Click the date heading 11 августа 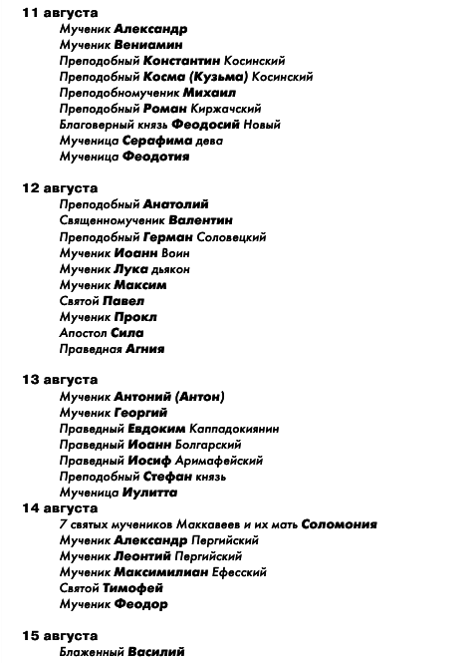coord(60,13)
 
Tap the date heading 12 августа coord(60,188)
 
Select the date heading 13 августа coord(60,380)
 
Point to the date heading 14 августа coord(60,507)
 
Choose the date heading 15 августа coord(60,635)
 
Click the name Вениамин coord(149,45)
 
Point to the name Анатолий coord(176,204)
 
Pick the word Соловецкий coord(232,236)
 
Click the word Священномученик coord(112,220)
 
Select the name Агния coord(145,348)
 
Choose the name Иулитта coord(149,492)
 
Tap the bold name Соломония coord(339,523)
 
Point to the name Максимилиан coord(161,571)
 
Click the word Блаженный coord(91,651)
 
